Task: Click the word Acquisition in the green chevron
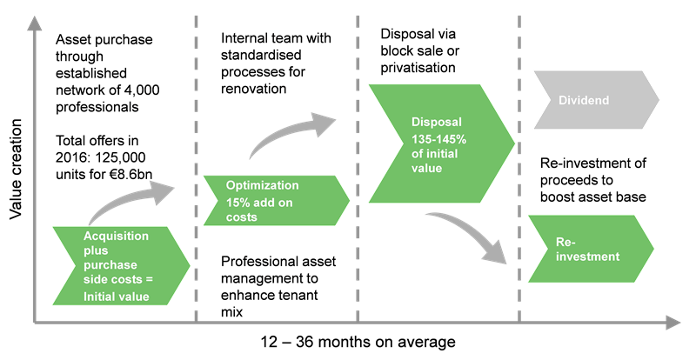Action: [x=116, y=237]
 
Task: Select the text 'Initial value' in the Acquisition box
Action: [x=116, y=297]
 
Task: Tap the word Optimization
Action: [x=262, y=185]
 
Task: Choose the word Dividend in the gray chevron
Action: [x=582, y=101]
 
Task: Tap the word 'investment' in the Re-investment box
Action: [x=588, y=257]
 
